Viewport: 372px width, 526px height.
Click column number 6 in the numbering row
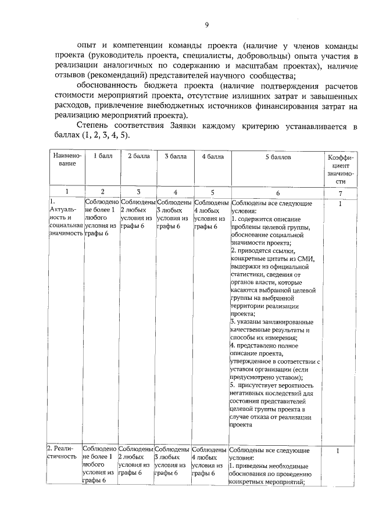click(x=277, y=192)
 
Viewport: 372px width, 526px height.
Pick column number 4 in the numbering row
click(x=175, y=192)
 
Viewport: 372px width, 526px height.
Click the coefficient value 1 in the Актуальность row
click(x=339, y=203)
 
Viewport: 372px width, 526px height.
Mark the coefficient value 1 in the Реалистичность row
click(x=339, y=450)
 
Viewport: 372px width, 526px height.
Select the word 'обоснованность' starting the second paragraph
click(x=108, y=86)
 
